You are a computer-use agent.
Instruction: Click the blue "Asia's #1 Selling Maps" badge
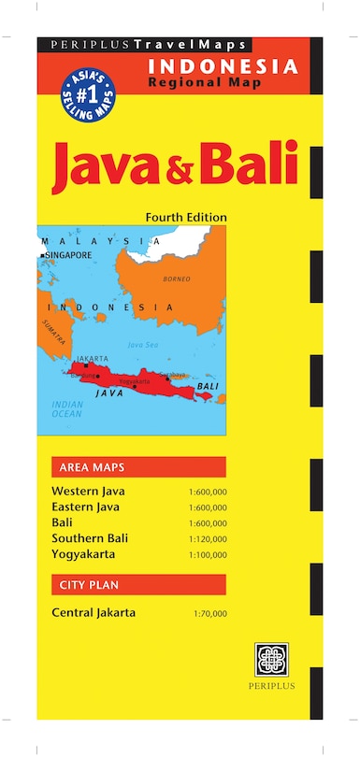tap(84, 92)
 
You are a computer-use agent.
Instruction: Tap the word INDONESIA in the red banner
tap(223, 66)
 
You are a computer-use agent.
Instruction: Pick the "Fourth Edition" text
tap(186, 217)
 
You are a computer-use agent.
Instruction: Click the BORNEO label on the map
tap(177, 279)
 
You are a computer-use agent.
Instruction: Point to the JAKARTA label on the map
tap(93, 359)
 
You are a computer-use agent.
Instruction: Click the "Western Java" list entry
tap(88, 491)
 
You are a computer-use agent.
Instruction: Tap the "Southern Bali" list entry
tap(91, 538)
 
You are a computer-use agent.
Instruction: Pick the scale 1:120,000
tap(208, 539)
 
